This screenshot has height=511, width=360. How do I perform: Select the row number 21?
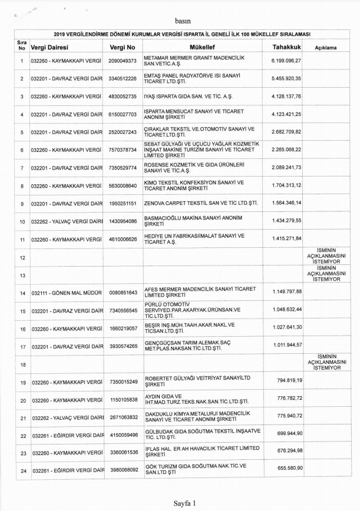(x=22, y=418)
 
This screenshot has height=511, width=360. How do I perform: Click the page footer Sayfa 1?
(x=184, y=503)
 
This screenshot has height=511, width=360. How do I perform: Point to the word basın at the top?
(x=183, y=19)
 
